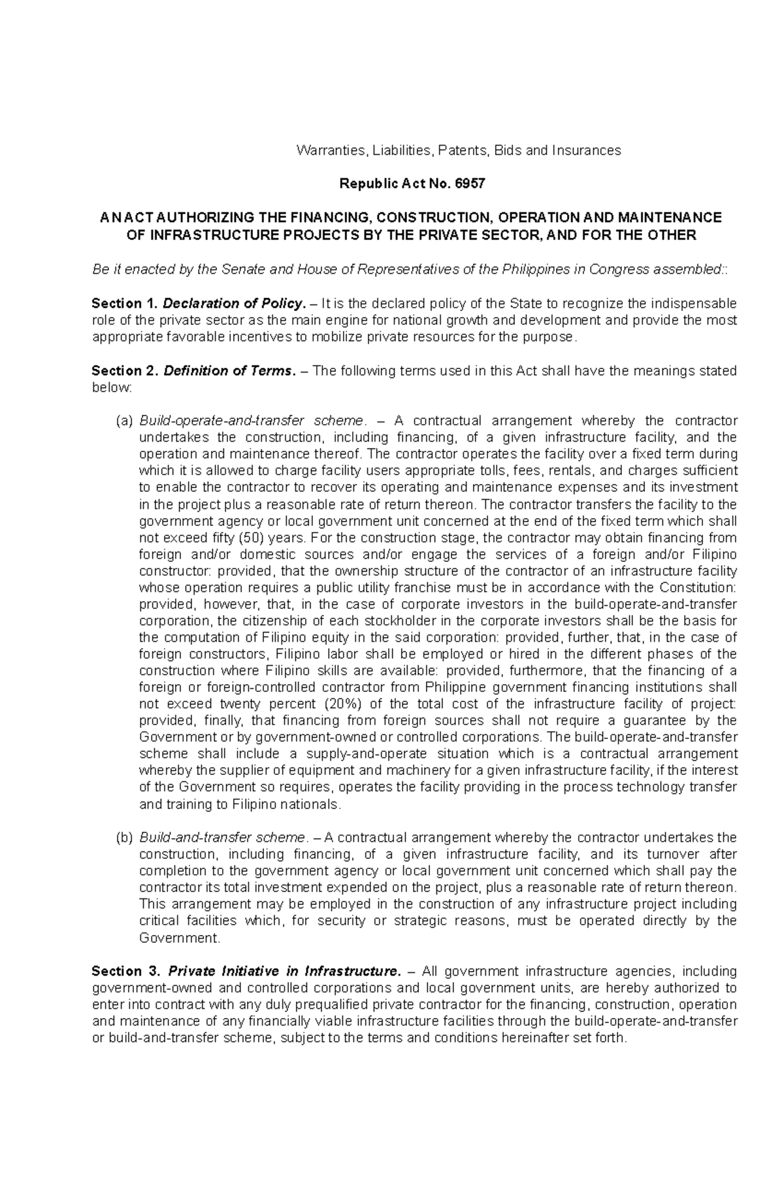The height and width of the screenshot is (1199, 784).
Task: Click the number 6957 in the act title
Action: click(470, 184)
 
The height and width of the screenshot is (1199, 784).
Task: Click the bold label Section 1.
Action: click(125, 303)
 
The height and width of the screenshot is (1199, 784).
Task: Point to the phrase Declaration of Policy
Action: click(234, 303)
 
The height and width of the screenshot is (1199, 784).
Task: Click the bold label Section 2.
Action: click(125, 371)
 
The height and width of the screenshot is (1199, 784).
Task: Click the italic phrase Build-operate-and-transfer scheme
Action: click(251, 421)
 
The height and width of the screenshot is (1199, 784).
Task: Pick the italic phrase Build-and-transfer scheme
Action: click(222, 838)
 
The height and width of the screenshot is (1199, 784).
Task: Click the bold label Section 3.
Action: click(125, 971)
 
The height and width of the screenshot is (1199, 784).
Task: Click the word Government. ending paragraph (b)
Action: click(180, 938)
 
